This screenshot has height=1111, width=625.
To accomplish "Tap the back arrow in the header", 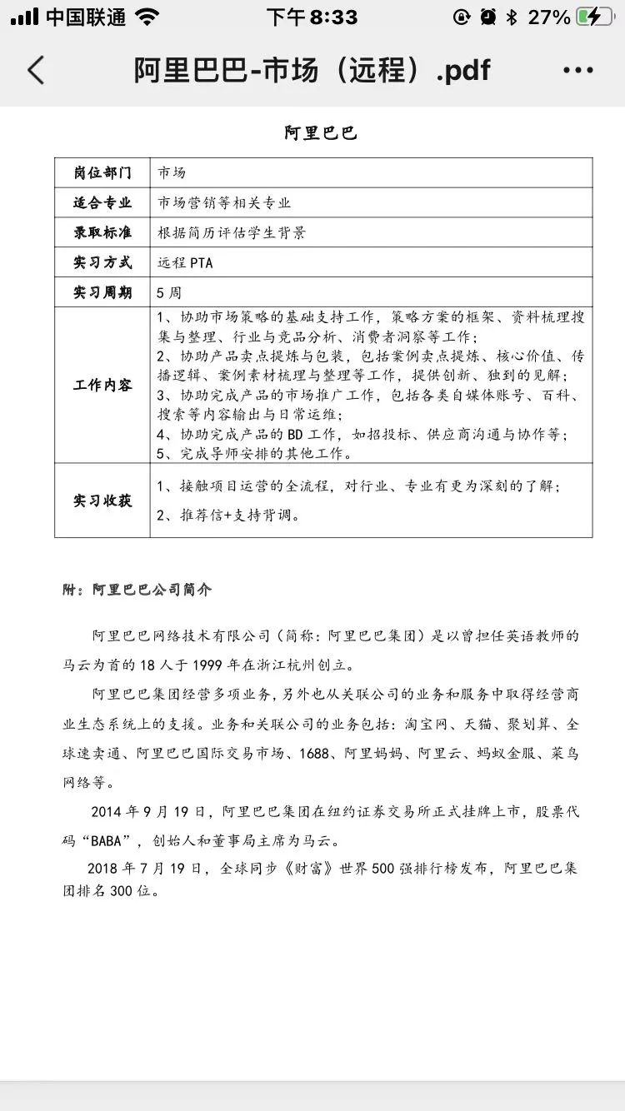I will pyautogui.click(x=36, y=70).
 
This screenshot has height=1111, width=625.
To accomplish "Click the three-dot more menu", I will pyautogui.click(x=578, y=70).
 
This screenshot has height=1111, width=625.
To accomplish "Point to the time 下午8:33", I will pyautogui.click(x=312, y=17).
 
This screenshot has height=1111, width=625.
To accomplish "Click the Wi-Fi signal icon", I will pyautogui.click(x=147, y=17).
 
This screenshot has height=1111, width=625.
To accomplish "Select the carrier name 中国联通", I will pyautogui.click(x=85, y=17).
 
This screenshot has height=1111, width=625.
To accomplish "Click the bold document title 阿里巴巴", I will pyautogui.click(x=320, y=132).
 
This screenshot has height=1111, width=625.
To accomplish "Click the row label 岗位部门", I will pyautogui.click(x=102, y=173).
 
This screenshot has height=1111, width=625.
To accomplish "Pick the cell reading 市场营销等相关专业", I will pyautogui.click(x=225, y=202).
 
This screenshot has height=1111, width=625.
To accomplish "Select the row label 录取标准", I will pyautogui.click(x=102, y=232).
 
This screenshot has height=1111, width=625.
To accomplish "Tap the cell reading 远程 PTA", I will pyautogui.click(x=185, y=262).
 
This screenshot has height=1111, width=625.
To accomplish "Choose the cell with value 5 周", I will pyautogui.click(x=169, y=292).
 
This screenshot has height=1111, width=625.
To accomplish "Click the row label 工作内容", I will pyautogui.click(x=102, y=385).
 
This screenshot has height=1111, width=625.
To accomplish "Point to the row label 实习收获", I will pyautogui.click(x=102, y=500).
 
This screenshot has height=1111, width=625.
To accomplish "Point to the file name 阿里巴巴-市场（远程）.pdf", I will pyautogui.click(x=312, y=70).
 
